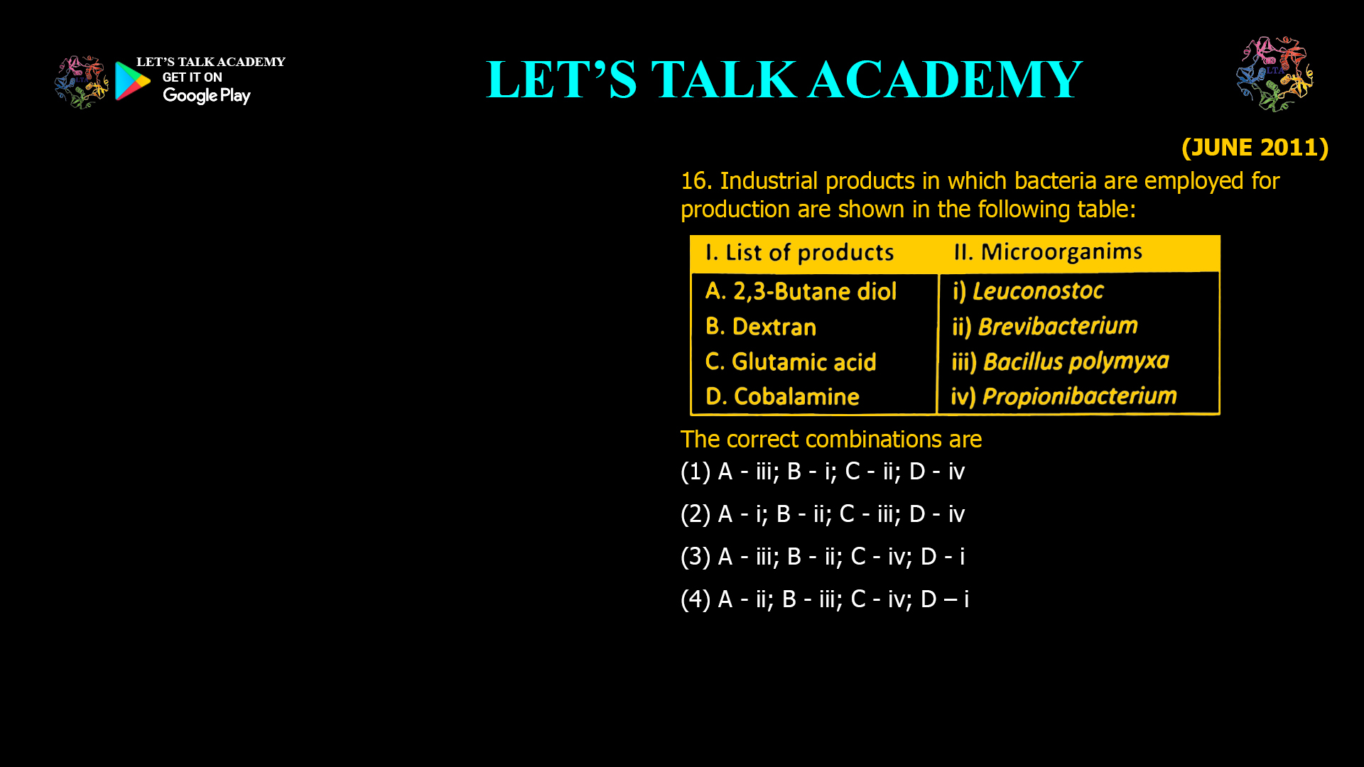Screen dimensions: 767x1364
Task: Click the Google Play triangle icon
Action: click(x=132, y=81)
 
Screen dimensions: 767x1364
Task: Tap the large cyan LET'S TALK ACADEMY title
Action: click(x=784, y=80)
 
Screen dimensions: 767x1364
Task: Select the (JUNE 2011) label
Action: click(x=1255, y=147)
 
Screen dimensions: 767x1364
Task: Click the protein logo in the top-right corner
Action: click(x=1274, y=74)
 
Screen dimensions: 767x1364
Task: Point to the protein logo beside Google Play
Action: click(x=82, y=82)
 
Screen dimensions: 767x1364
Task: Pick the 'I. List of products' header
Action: click(x=799, y=253)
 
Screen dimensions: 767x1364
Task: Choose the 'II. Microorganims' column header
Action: click(x=1048, y=252)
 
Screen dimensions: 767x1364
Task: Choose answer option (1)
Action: click(x=822, y=472)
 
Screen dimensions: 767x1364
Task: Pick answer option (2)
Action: click(x=822, y=514)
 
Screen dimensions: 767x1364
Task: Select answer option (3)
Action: click(x=822, y=557)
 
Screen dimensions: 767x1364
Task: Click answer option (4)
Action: click(x=824, y=599)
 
